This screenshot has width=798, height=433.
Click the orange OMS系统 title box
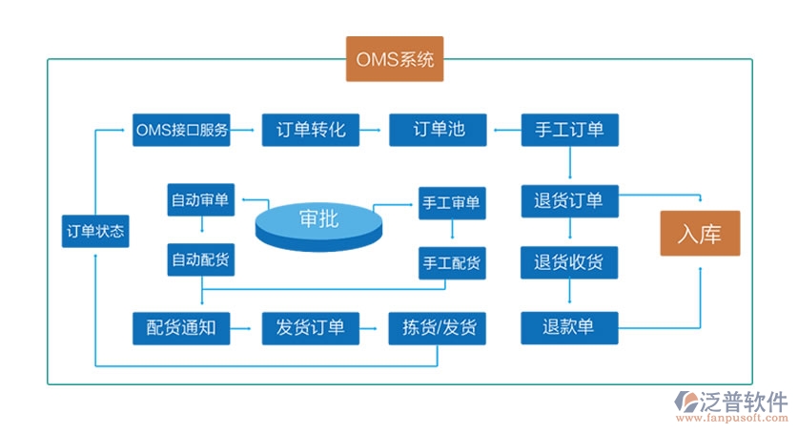395,60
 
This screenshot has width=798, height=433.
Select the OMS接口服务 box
181,130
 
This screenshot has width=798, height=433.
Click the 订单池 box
439,130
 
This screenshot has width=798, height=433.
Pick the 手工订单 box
569,130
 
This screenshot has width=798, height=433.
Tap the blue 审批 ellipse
317,221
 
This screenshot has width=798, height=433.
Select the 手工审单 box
451,202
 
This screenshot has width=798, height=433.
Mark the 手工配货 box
451,262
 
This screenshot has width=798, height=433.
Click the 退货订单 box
569,201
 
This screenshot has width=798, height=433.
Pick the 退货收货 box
569,262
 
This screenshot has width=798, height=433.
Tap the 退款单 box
569,327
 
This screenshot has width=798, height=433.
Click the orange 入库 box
700,233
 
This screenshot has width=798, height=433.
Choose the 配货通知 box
181,328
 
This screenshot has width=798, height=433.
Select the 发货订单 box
310,328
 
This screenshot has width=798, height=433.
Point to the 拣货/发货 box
439,328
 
